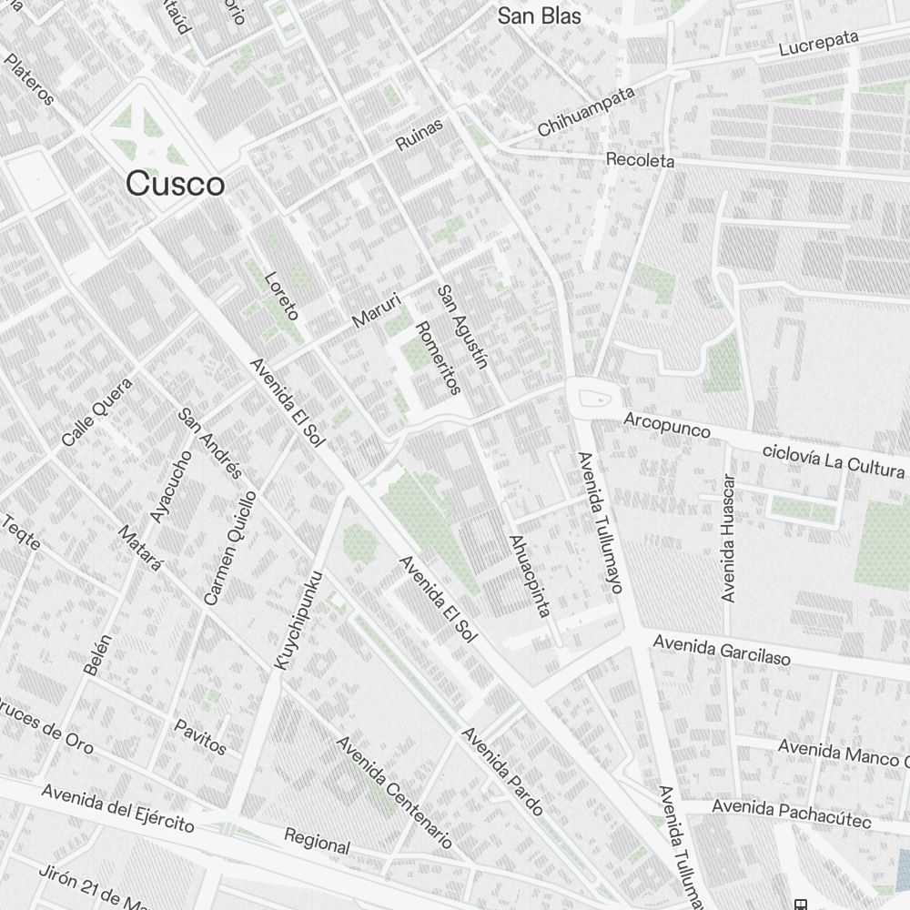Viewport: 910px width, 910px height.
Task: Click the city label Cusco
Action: coord(176,184)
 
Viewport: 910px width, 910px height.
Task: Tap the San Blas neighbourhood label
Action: coord(539,16)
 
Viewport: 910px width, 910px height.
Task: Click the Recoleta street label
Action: coord(641,160)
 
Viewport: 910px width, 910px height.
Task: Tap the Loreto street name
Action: coord(281,296)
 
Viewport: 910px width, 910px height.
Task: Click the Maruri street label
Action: coord(376,308)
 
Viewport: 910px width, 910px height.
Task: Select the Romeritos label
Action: coord(438,358)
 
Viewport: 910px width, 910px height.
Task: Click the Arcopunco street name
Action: coord(667,424)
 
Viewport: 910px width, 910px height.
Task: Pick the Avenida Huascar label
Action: coord(728,538)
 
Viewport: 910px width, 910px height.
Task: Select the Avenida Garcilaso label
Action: coord(722,650)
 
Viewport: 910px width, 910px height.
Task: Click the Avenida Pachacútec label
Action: coord(792,814)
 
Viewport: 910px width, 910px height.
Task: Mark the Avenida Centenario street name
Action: coord(394,792)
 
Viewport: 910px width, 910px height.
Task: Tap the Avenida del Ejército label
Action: coord(118,808)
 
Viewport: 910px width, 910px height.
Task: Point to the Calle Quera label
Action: coord(97,411)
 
